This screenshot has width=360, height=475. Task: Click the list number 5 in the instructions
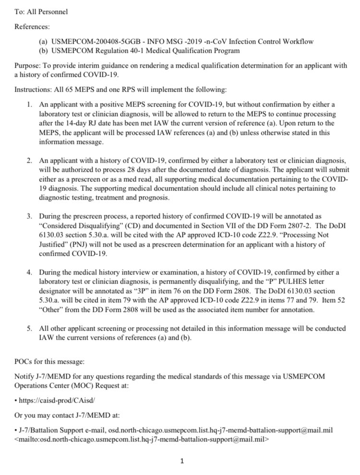29,328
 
